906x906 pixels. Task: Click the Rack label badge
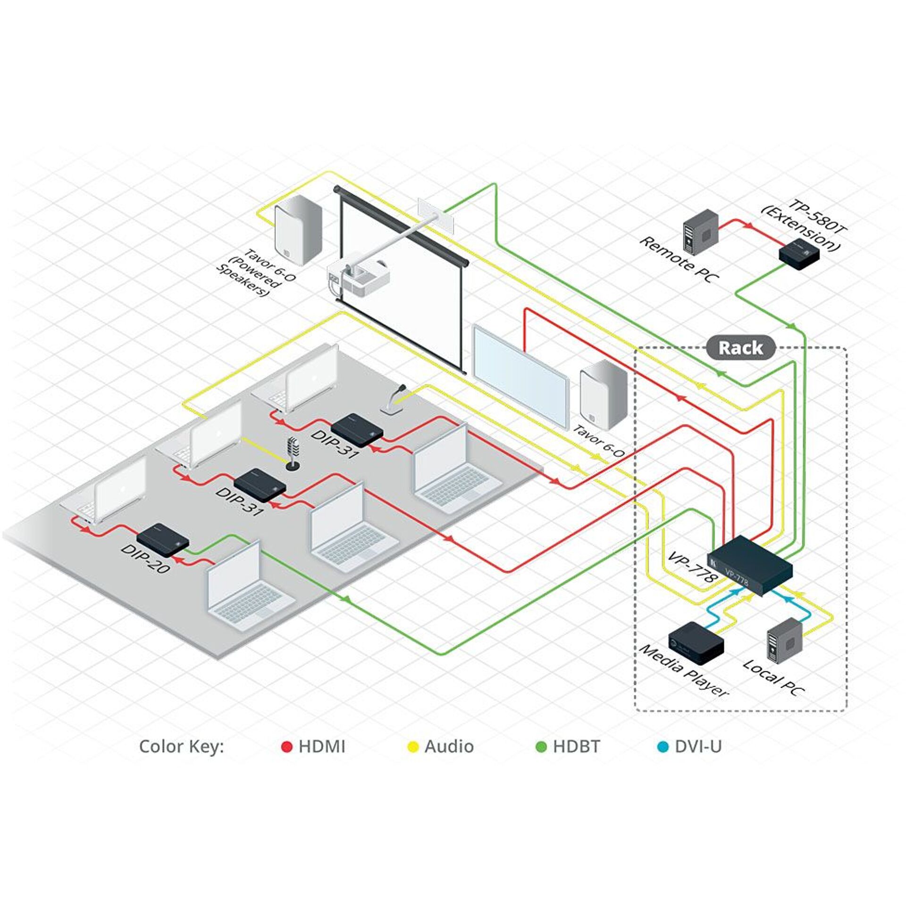point(741,348)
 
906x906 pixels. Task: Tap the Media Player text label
point(684,670)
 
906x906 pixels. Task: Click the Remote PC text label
point(679,260)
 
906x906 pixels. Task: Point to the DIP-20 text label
point(145,559)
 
